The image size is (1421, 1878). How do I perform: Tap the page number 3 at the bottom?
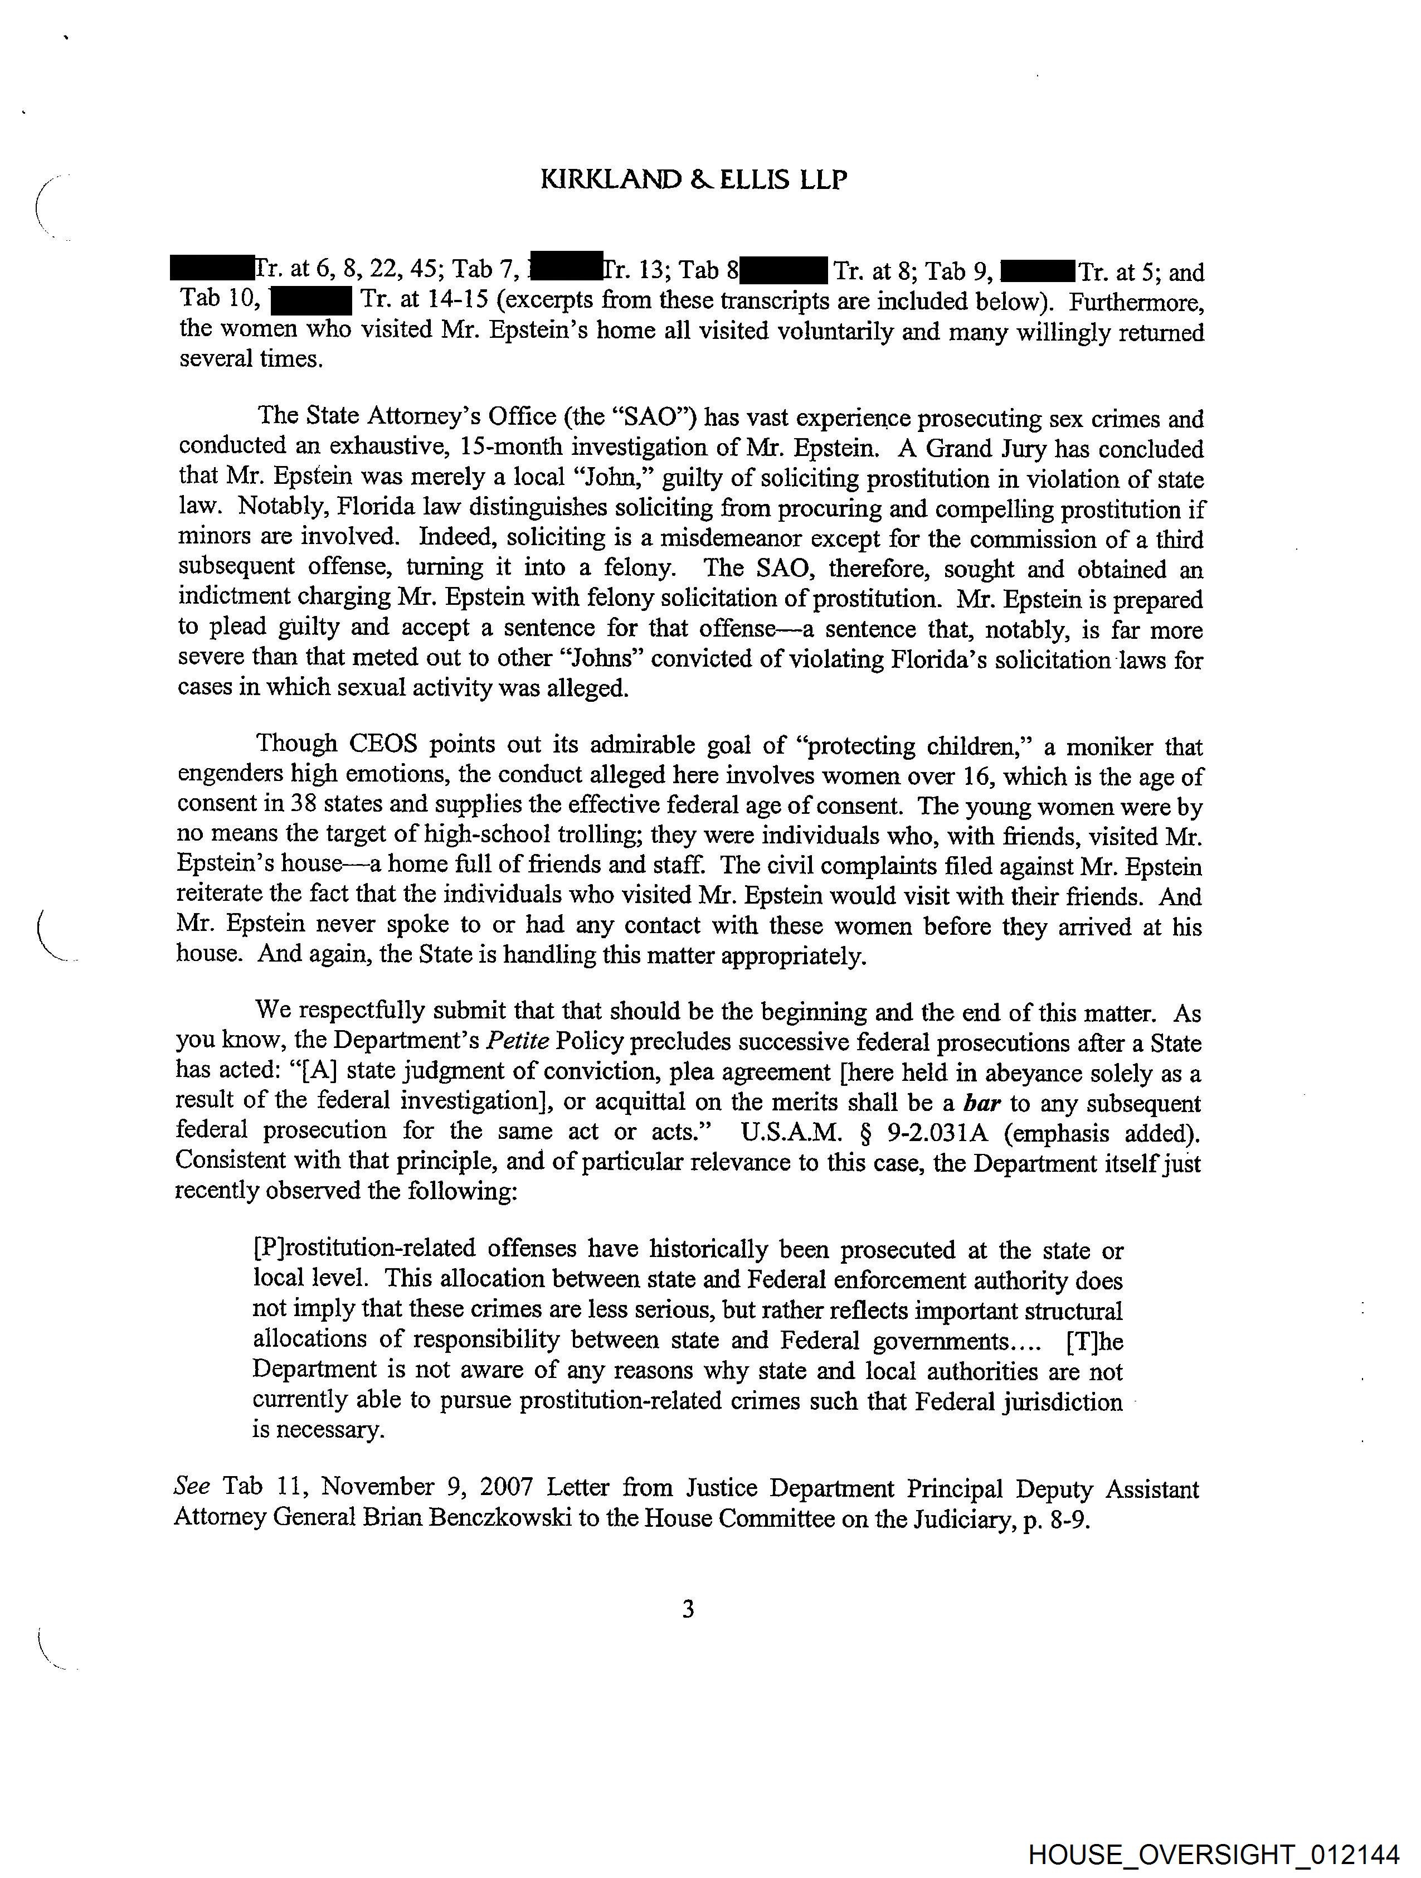coord(688,1609)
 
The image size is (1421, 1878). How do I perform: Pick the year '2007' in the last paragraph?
coord(506,1487)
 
